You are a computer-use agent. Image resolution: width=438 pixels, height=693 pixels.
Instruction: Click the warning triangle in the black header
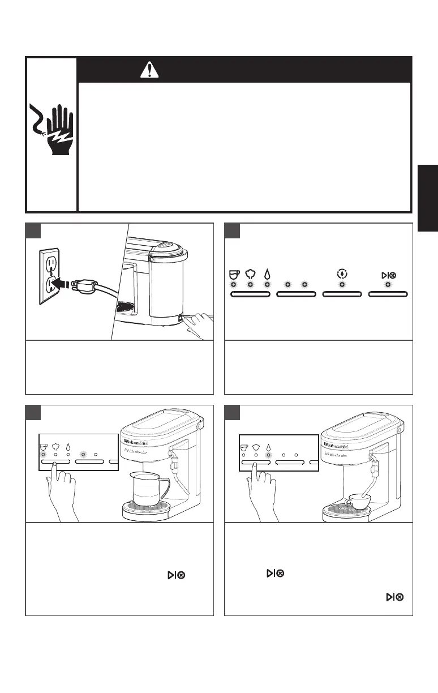148,70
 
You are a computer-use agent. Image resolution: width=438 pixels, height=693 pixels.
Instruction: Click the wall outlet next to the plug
49,276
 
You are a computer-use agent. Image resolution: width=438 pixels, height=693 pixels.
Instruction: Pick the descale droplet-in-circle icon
341,273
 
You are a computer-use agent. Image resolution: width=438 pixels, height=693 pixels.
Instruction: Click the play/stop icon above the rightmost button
388,275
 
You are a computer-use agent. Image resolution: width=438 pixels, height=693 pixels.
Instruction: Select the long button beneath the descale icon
342,294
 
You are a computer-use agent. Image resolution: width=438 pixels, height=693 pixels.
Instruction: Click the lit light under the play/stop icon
388,285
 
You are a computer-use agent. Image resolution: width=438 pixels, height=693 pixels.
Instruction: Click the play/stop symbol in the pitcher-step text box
175,575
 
